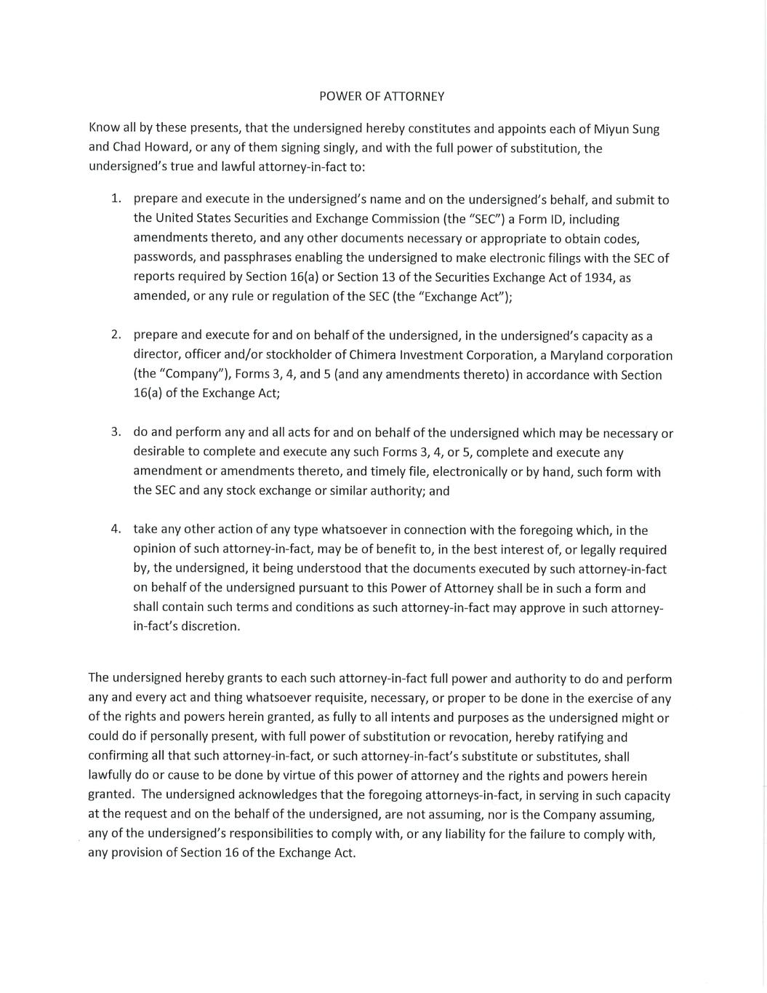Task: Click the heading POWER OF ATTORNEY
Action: pyautogui.click(x=382, y=96)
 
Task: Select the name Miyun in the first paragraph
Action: pyautogui.click(x=609, y=129)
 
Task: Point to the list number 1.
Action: pyautogui.click(x=116, y=199)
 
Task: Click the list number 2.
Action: pyautogui.click(x=116, y=335)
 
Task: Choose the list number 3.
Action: pyautogui.click(x=116, y=431)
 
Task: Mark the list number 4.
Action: pyautogui.click(x=116, y=529)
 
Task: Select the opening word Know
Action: pyautogui.click(x=104, y=128)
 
